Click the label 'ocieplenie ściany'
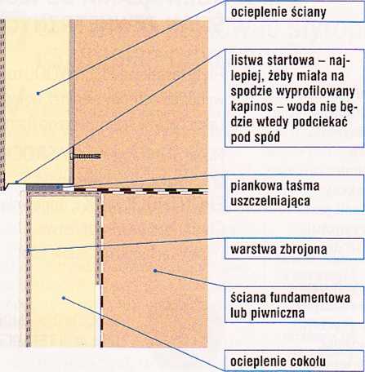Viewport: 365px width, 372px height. tap(278, 12)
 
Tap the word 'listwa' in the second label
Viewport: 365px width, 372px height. tap(247, 60)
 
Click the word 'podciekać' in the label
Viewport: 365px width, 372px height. tap(320, 122)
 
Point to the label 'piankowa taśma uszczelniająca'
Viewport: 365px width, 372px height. tap(275, 193)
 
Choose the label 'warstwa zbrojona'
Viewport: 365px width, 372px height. tap(278, 249)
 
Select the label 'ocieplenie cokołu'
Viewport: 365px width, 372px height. tap(278, 361)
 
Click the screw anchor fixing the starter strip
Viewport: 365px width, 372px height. tap(86, 157)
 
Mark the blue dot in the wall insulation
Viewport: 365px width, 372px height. tap(38, 93)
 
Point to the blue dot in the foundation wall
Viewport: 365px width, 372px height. tap(155, 271)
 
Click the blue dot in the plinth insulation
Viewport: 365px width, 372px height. tap(64, 298)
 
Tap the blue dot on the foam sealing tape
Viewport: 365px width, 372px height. tap(58, 187)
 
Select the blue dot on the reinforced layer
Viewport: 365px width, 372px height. tap(28, 250)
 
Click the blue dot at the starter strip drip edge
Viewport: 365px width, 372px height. tap(16, 182)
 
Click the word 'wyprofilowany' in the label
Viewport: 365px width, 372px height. tap(315, 91)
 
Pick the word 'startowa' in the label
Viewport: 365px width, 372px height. tap(292, 60)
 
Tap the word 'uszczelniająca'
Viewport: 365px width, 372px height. tap(270, 201)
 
